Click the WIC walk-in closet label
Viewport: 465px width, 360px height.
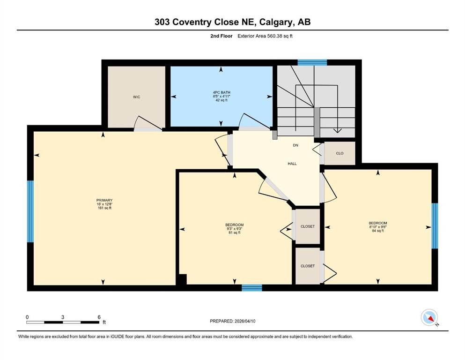(136, 97)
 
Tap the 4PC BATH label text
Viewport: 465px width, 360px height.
(221, 92)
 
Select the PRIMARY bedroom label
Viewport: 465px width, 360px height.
(104, 200)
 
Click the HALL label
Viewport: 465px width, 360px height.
(292, 164)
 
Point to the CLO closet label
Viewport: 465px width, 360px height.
(340, 153)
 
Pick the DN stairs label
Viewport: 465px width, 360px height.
(295, 145)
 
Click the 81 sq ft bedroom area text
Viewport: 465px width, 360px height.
(234, 232)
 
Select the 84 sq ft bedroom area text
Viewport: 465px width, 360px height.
(377, 231)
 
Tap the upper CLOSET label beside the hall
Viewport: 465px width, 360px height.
(308, 226)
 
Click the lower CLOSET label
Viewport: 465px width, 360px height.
(308, 266)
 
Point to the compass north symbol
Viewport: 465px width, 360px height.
(429, 318)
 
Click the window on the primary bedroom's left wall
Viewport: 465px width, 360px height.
(30, 211)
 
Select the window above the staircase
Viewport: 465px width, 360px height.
(312, 62)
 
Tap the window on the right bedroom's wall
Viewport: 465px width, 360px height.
(434, 225)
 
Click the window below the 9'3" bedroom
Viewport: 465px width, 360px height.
(251, 287)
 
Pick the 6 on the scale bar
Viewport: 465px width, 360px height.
(99, 317)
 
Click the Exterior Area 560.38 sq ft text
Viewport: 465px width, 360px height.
(267, 36)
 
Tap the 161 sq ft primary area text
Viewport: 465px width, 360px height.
(104, 208)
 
